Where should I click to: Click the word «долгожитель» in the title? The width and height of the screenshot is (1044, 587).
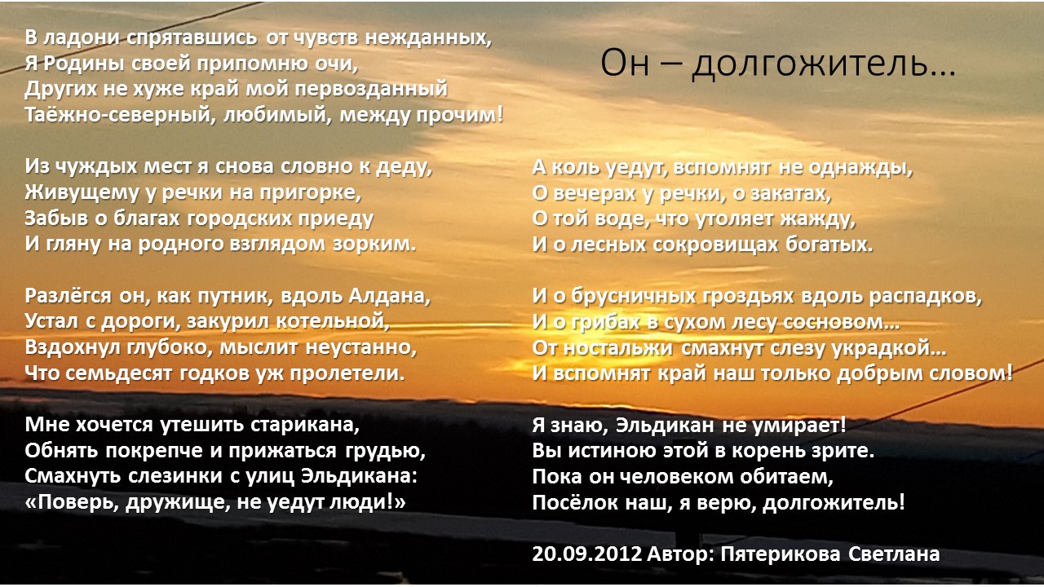(x=824, y=63)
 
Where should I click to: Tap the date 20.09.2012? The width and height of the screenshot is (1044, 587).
(x=586, y=554)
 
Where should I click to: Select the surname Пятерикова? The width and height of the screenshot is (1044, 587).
(x=781, y=554)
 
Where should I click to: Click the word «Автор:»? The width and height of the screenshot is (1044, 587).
(x=680, y=554)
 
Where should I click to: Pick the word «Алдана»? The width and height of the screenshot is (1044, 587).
(x=390, y=296)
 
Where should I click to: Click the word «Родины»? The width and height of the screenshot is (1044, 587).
(x=82, y=64)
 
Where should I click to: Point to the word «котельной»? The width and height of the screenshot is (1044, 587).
(x=333, y=321)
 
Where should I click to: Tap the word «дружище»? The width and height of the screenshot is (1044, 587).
(x=178, y=503)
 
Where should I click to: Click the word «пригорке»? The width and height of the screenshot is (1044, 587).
(x=311, y=192)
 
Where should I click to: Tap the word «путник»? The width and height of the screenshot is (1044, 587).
(x=236, y=296)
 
